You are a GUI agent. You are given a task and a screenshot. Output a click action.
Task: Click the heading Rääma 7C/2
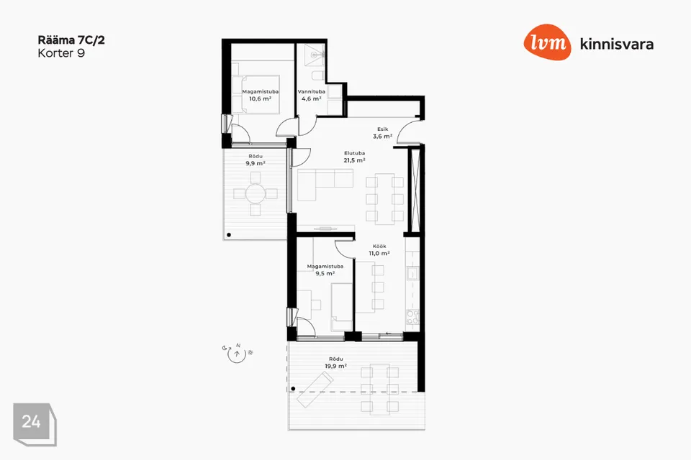[71, 40]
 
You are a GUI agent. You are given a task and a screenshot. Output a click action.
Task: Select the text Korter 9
[61, 53]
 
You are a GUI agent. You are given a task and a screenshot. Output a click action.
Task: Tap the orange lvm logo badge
[547, 42]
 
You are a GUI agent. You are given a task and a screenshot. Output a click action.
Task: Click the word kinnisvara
[617, 44]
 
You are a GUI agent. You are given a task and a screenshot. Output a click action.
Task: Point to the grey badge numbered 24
[35, 424]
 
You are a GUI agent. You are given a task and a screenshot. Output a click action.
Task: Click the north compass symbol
[237, 353]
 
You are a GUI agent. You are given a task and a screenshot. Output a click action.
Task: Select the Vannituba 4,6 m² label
[311, 95]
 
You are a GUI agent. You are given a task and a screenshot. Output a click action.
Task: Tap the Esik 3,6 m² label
[382, 133]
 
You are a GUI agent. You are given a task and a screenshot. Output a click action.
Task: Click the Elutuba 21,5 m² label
[354, 157]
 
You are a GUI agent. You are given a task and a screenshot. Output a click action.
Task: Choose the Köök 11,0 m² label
[379, 249]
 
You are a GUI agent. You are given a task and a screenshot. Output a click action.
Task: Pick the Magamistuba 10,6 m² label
[260, 95]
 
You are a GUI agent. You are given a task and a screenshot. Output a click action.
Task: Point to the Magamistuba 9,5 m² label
[325, 270]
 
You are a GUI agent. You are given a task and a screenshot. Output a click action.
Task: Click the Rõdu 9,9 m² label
[255, 160]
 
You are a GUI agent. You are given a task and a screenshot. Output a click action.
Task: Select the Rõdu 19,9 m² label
[336, 362]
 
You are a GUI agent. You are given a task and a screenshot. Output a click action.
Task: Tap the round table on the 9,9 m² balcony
[255, 193]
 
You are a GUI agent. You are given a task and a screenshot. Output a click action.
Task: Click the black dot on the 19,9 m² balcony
[294, 389]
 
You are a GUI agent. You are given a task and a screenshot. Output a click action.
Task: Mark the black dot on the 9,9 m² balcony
[229, 235]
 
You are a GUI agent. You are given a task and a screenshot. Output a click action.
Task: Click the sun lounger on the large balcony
[315, 389]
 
